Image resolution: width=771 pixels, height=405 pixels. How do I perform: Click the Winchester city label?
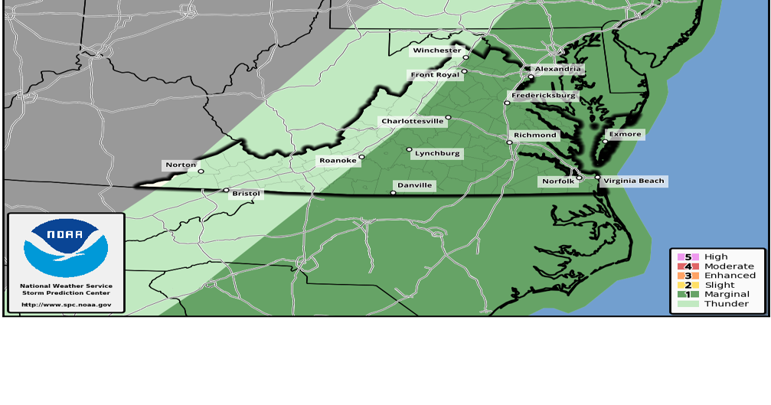coord(436,51)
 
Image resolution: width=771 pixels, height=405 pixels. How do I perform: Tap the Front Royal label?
coord(434,75)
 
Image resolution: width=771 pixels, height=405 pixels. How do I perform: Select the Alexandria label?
coord(558,69)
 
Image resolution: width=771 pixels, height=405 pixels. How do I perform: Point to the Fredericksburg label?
coord(544,96)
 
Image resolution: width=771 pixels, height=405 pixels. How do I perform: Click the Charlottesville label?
coord(413,122)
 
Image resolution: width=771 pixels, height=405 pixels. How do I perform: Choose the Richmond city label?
coord(535,136)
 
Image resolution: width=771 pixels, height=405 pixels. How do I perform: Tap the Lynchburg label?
coord(437,154)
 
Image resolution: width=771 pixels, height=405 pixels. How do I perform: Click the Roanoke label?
coord(338,161)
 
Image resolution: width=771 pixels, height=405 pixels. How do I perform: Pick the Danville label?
coord(415,185)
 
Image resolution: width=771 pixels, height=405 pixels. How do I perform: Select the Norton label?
coord(181,165)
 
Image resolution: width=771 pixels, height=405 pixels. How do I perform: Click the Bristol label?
coord(246,194)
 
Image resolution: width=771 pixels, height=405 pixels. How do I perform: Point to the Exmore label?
coord(625,134)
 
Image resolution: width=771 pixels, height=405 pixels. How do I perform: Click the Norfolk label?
coord(557,181)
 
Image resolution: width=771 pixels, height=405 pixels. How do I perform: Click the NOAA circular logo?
coord(66,247)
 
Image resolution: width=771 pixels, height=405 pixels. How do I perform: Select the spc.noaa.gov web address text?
coord(66,305)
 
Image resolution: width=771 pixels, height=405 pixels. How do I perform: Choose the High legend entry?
coord(716,257)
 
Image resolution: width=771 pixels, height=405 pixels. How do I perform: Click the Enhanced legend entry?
coord(730,276)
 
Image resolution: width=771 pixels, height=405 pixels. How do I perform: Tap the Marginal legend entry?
coord(727,294)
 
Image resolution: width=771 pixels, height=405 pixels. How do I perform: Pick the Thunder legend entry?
coord(726,304)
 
